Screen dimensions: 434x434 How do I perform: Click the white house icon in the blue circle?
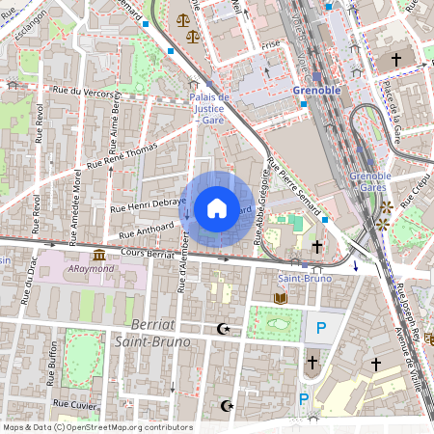coord(216,207)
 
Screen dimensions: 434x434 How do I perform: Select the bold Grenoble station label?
coord(315,90)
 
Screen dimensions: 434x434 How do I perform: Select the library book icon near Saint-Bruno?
coord(280,299)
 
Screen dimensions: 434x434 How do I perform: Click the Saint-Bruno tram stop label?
coord(304,279)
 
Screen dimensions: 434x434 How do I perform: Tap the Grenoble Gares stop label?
coord(370,181)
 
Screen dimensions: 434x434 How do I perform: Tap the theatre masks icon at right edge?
coord(428,339)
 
